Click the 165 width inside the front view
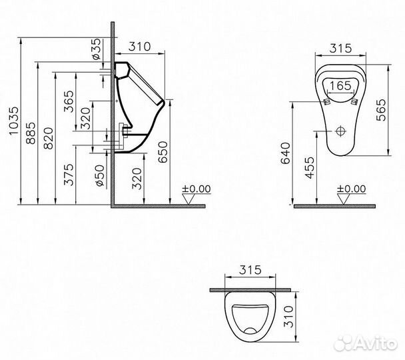pyautogui.click(x=340, y=85)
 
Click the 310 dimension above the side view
pyautogui.click(x=140, y=47)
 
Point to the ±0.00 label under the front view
pyautogui.click(x=351, y=189)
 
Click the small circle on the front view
pyautogui.click(x=340, y=131)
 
